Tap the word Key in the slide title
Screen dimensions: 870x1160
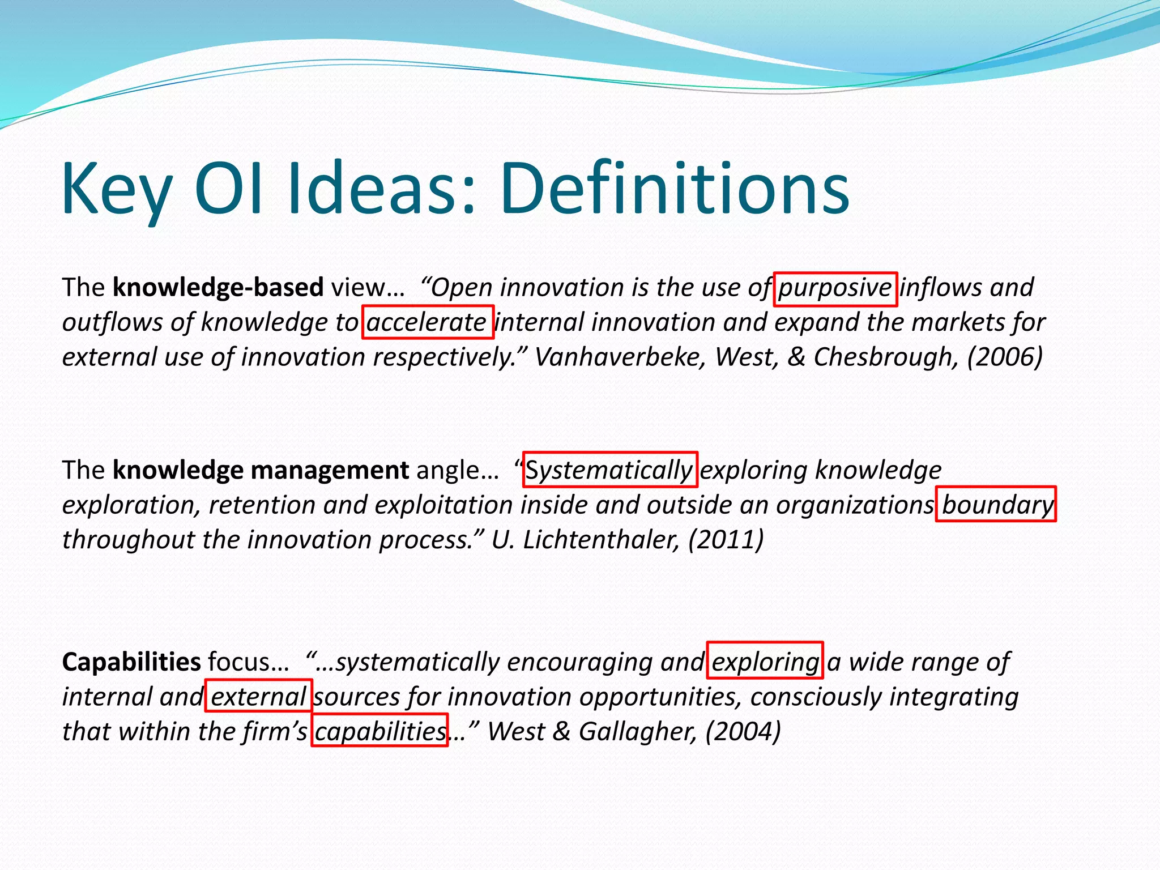[117, 190]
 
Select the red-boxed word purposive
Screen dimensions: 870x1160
[835, 288]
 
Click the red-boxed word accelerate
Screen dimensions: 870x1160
[428, 323]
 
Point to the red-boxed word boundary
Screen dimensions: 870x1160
[996, 505]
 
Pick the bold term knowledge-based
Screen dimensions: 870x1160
[218, 287]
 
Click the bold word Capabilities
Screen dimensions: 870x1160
[131, 662]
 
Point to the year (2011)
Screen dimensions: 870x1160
[726, 540]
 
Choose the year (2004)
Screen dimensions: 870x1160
[743, 732]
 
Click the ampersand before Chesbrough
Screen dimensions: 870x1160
[796, 357]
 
